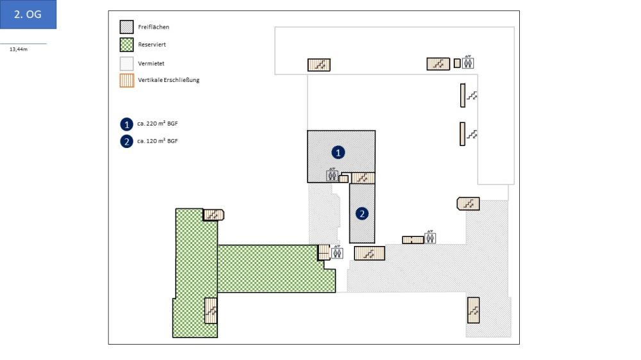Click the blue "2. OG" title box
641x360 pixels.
(x=28, y=14)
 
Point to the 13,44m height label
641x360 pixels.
(x=19, y=49)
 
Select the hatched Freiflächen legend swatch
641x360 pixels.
(x=127, y=27)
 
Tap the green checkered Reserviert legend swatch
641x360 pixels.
(x=127, y=45)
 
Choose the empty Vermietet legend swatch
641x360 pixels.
(x=127, y=63)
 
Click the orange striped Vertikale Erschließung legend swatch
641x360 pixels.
(x=127, y=81)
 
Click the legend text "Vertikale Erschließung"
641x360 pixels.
(x=169, y=80)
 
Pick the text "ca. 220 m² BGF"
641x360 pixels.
(x=157, y=123)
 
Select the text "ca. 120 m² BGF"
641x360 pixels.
(x=157, y=141)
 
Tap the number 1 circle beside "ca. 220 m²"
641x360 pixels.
(x=127, y=124)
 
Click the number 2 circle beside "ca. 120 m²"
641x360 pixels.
(x=127, y=142)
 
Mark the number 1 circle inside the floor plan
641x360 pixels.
(x=338, y=152)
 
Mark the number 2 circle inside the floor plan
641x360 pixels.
(x=362, y=213)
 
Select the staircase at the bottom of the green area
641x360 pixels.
(x=210, y=311)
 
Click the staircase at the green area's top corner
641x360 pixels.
(x=213, y=215)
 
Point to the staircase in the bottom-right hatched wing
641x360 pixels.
(x=473, y=310)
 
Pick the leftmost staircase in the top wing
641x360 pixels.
(x=319, y=65)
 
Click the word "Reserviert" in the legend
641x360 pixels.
(x=152, y=45)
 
